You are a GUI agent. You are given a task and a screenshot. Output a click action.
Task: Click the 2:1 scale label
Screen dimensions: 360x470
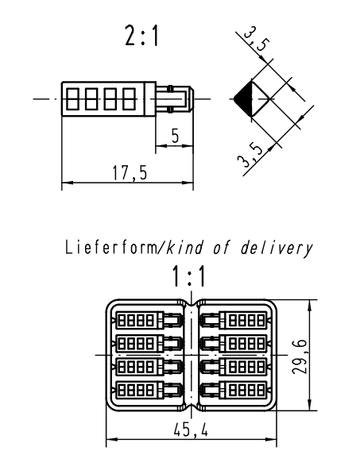click(x=141, y=36)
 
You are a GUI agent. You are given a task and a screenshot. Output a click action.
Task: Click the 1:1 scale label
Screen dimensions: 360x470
click(x=188, y=276)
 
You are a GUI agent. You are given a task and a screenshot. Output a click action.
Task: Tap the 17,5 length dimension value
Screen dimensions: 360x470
click(x=130, y=173)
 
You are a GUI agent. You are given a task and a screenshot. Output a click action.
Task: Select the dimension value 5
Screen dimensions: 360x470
click(x=175, y=136)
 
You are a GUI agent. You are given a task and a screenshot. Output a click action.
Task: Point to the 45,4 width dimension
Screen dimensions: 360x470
click(x=191, y=431)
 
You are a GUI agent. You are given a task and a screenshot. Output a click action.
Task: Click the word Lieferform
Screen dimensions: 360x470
click(x=110, y=248)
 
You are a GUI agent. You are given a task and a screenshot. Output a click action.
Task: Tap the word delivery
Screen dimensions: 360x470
click(x=276, y=248)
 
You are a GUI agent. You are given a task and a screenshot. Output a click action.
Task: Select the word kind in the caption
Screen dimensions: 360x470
click(x=184, y=248)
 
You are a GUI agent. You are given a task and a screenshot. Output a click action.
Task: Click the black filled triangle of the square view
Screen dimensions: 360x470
click(x=245, y=98)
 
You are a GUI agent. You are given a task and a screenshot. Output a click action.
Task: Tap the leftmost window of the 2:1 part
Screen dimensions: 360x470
click(x=72, y=98)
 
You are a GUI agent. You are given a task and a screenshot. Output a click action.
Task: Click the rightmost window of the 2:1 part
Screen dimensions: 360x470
click(x=129, y=98)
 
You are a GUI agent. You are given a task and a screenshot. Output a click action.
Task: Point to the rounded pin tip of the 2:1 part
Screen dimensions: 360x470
click(x=191, y=98)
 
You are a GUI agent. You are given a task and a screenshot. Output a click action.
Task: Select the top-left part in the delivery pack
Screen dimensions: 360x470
click(x=148, y=320)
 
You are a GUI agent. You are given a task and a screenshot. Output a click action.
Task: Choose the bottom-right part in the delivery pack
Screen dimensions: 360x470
click(x=234, y=390)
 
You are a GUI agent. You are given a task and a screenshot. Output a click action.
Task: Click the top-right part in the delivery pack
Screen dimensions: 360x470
click(x=234, y=320)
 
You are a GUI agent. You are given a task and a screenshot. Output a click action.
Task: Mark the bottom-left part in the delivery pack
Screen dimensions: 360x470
click(x=148, y=390)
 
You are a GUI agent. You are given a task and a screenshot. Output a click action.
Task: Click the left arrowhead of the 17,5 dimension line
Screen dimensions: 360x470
click(x=67, y=183)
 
